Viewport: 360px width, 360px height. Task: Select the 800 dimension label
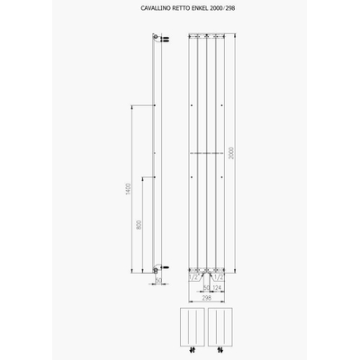click(139, 224)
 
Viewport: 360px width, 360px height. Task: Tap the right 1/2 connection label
click(217, 278)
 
